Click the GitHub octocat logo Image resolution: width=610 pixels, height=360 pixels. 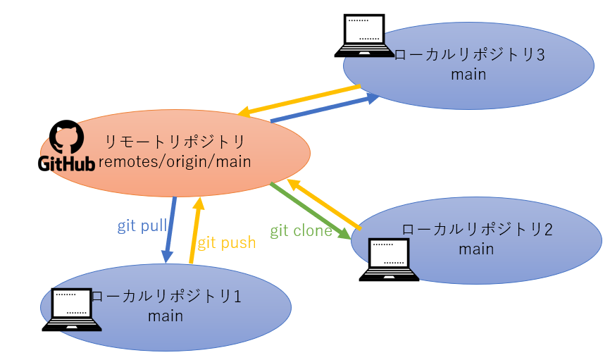[x=64, y=138]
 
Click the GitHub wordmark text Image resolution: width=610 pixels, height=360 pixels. [x=66, y=164]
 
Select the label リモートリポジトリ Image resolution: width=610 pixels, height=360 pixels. [x=175, y=140]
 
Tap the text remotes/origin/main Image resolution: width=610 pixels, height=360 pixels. [x=175, y=162]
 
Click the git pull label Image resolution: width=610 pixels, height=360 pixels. [x=142, y=226]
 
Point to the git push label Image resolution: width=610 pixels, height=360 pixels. [x=226, y=243]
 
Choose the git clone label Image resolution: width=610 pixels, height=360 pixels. [x=301, y=230]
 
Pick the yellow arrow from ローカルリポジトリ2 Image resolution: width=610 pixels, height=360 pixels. [x=325, y=204]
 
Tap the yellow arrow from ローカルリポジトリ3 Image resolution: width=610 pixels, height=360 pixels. [x=300, y=100]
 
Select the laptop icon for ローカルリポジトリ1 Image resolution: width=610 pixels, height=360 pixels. [x=73, y=309]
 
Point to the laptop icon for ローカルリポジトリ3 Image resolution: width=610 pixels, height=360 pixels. [x=364, y=36]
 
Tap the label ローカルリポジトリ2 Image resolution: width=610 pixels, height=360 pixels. [x=477, y=230]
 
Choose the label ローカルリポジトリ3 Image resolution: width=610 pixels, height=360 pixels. [x=470, y=55]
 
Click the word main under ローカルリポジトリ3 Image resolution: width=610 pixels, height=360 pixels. [x=469, y=74]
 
